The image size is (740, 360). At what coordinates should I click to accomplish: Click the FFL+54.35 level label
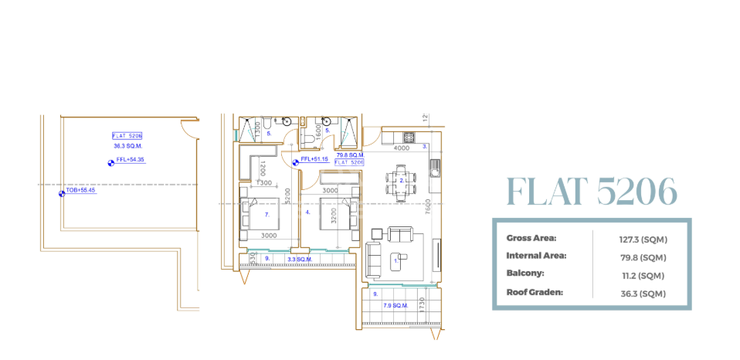[x=129, y=161]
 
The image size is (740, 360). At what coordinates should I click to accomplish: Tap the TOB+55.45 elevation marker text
[x=80, y=189]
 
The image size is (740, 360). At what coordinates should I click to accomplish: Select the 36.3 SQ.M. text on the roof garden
[x=127, y=145]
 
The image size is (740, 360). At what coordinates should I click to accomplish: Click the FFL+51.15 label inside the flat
[x=314, y=159]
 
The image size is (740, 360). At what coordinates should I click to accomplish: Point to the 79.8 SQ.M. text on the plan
[x=349, y=155]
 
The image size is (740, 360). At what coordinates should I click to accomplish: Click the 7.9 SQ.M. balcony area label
[x=395, y=306]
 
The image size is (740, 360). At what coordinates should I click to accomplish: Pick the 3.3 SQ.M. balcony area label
[x=299, y=259]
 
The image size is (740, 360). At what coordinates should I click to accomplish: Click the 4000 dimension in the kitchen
[x=402, y=148]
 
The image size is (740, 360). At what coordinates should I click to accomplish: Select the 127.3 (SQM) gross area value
[x=641, y=239]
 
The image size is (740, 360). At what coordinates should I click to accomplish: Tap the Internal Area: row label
[x=536, y=256]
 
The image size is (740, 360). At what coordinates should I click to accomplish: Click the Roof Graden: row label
[x=535, y=293]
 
